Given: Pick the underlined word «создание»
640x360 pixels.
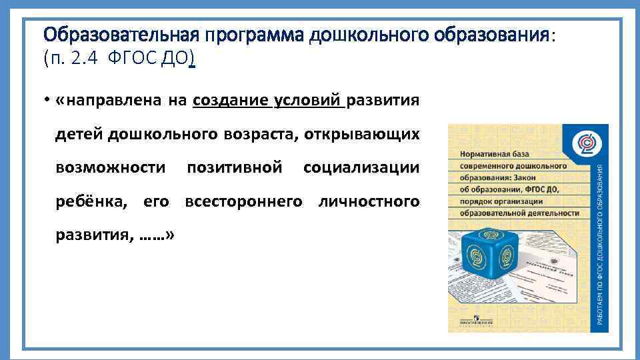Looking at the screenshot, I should tap(231, 101).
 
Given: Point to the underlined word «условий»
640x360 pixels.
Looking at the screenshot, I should tap(307, 101).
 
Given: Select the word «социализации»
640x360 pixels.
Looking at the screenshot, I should tap(361, 167).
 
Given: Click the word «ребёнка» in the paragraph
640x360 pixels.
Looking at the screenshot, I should tap(95, 201).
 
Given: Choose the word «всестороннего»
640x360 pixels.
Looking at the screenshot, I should tap(243, 201).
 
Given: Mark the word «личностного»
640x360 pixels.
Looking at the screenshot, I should tap(369, 201).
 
